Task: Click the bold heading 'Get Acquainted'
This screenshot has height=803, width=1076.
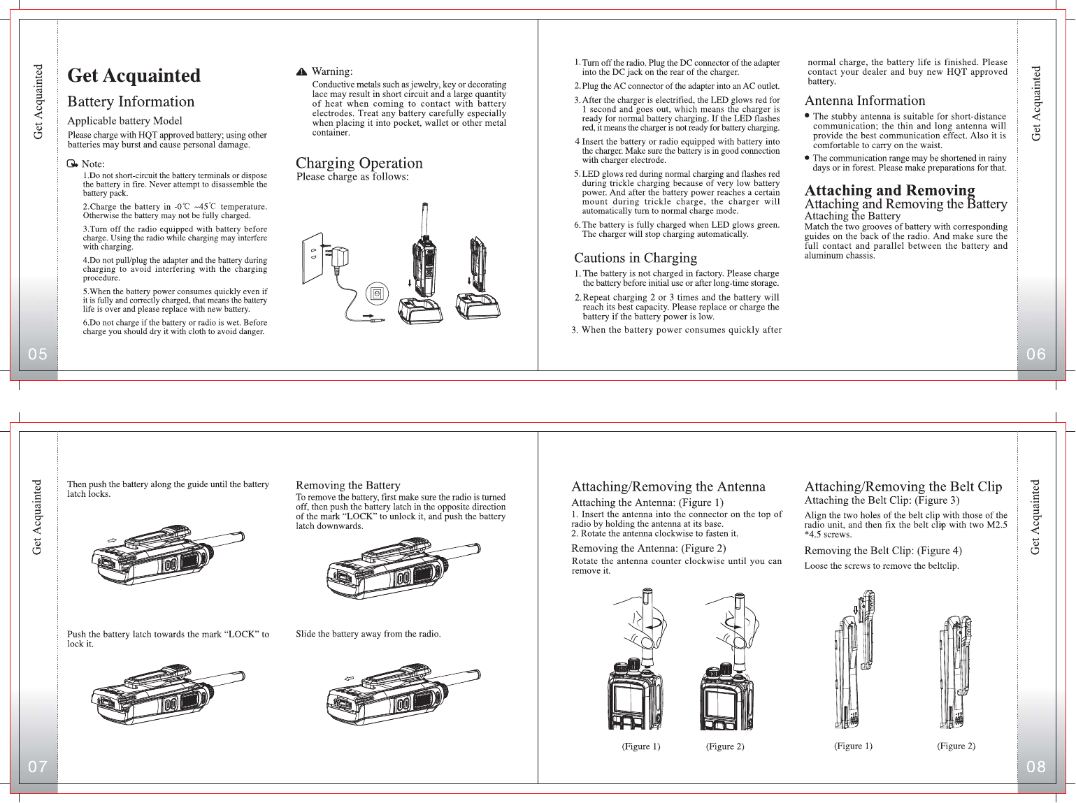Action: click(x=134, y=75)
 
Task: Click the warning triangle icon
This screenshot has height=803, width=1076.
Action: click(x=301, y=72)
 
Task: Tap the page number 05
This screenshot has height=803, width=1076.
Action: click(x=38, y=354)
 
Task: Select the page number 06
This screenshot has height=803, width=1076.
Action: click(x=1036, y=354)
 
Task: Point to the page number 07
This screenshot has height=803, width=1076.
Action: click(x=38, y=767)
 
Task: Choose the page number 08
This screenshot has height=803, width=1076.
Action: click(x=1036, y=767)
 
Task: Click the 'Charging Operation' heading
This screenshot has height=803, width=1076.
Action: click(x=359, y=163)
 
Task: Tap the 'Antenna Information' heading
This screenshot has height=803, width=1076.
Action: click(x=865, y=101)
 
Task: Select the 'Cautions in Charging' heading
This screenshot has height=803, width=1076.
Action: click(x=636, y=258)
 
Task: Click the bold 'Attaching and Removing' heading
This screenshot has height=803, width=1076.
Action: click(x=889, y=190)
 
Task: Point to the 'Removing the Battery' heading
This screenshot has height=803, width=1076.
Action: click(x=348, y=485)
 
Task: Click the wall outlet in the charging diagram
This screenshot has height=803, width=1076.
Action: click(x=312, y=259)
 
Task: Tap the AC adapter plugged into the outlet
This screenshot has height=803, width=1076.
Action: click(x=341, y=259)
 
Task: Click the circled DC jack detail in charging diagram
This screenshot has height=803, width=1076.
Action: click(x=378, y=294)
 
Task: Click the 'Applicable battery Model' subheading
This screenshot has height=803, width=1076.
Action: click(x=124, y=121)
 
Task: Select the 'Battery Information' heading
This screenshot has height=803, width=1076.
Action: click(x=131, y=102)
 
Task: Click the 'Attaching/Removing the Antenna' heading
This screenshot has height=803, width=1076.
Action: click(x=668, y=486)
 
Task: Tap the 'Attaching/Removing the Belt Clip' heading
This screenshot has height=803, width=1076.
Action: click(x=903, y=486)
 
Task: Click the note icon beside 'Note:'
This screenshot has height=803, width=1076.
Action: click(x=73, y=164)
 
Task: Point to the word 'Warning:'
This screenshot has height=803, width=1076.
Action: click(x=332, y=71)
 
